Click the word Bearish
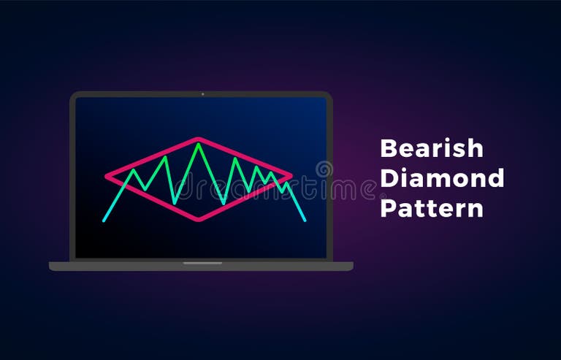click(432, 148)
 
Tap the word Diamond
click(442, 177)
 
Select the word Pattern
click(432, 207)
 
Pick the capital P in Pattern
click(388, 207)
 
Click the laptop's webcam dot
click(202, 94)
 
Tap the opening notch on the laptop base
click(202, 263)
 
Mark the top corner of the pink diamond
click(198, 139)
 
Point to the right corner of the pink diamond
click(291, 175)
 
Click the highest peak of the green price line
click(198, 144)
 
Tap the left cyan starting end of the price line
click(103, 221)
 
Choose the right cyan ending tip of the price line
click(305, 221)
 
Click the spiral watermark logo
click(324, 170)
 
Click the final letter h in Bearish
click(476, 148)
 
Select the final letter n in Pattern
click(476, 210)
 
